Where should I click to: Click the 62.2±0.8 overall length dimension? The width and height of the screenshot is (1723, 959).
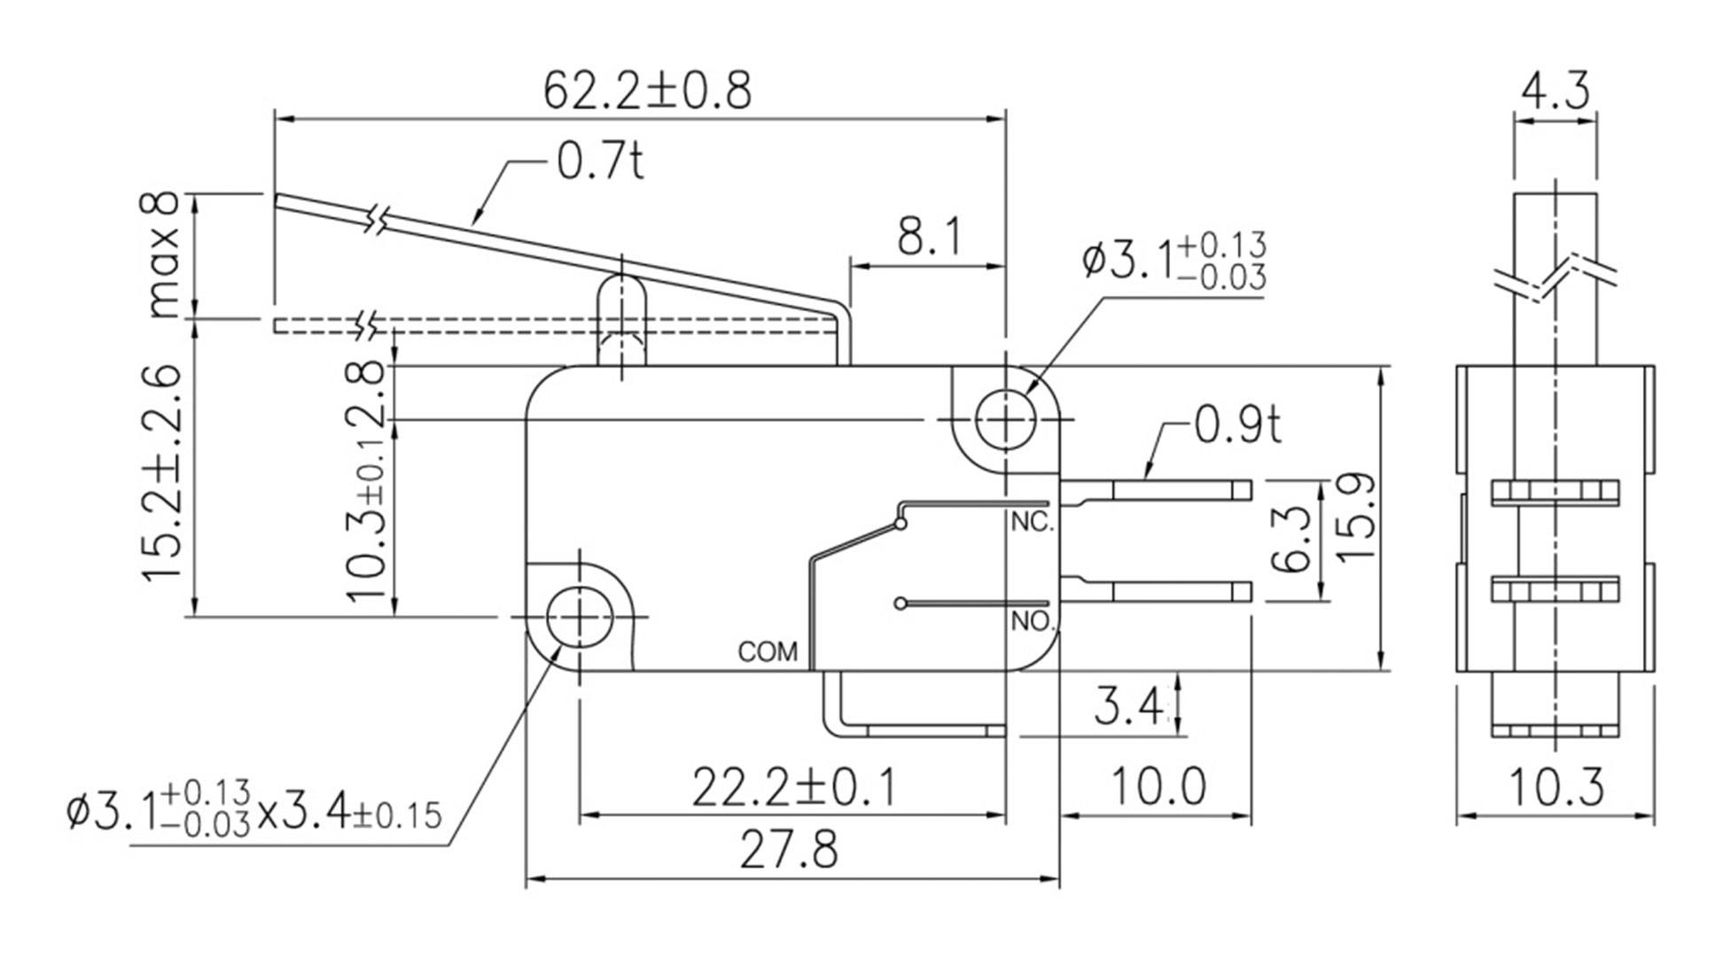646,90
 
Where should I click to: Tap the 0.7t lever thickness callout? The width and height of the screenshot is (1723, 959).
600,160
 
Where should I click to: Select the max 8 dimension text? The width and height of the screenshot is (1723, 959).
163,256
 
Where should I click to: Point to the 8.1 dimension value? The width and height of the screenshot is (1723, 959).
928,237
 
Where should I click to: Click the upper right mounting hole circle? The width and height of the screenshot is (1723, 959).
1005,419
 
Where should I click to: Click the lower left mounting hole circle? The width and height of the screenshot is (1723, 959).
580,617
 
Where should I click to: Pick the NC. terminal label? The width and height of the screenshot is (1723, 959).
1033,523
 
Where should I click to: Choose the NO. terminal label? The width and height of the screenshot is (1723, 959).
1032,621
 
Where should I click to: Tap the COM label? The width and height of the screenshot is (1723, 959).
768,652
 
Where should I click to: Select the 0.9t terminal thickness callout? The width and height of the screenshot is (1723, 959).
1237,425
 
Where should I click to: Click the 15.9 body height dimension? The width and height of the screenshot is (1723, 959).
1356,517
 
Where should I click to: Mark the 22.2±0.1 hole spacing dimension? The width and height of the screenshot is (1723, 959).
793,787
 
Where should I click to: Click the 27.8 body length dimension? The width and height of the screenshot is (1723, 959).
789,850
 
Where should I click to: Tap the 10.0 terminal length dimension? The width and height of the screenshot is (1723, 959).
1158,787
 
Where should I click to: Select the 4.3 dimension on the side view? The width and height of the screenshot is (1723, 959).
1555,91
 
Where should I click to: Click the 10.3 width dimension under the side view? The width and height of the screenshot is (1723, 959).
1555,787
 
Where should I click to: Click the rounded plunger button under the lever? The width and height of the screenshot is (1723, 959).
621,306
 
